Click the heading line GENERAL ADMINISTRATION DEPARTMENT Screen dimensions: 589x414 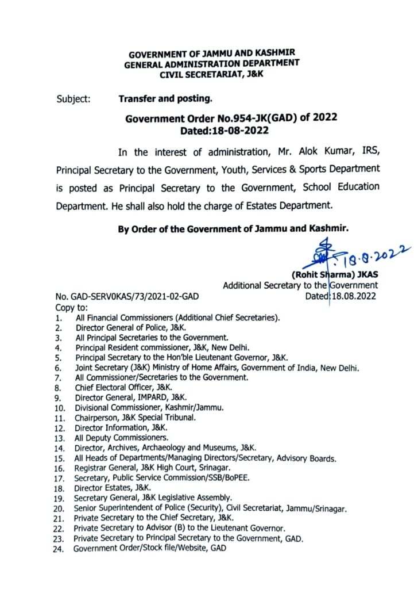coord(211,64)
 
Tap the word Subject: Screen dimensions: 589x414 coord(73,99)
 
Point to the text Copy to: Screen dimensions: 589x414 coord(71,307)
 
